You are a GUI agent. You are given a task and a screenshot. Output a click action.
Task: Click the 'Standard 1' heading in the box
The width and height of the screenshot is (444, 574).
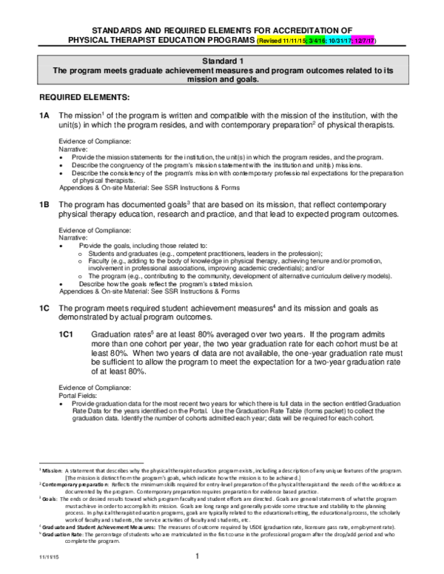[221, 60]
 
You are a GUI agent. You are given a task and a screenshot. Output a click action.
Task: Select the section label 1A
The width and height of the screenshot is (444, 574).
[44, 116]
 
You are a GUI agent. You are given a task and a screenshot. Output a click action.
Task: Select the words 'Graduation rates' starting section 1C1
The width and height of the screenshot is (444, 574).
[115, 335]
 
